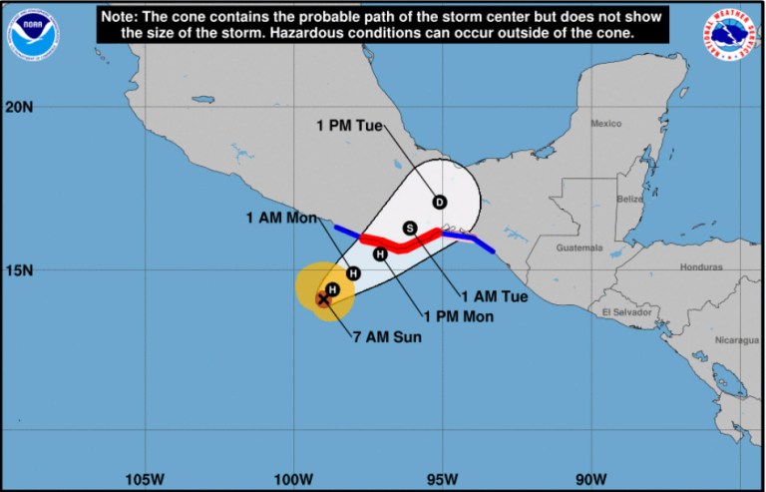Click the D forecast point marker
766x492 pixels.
439,202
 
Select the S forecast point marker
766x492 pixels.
409,229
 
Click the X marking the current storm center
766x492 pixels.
323,298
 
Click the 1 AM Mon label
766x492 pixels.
279,218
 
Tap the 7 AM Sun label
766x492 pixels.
387,336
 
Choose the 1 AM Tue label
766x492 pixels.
493,296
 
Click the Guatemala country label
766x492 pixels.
579,247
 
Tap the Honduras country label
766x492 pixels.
701,267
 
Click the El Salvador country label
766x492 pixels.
626,312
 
